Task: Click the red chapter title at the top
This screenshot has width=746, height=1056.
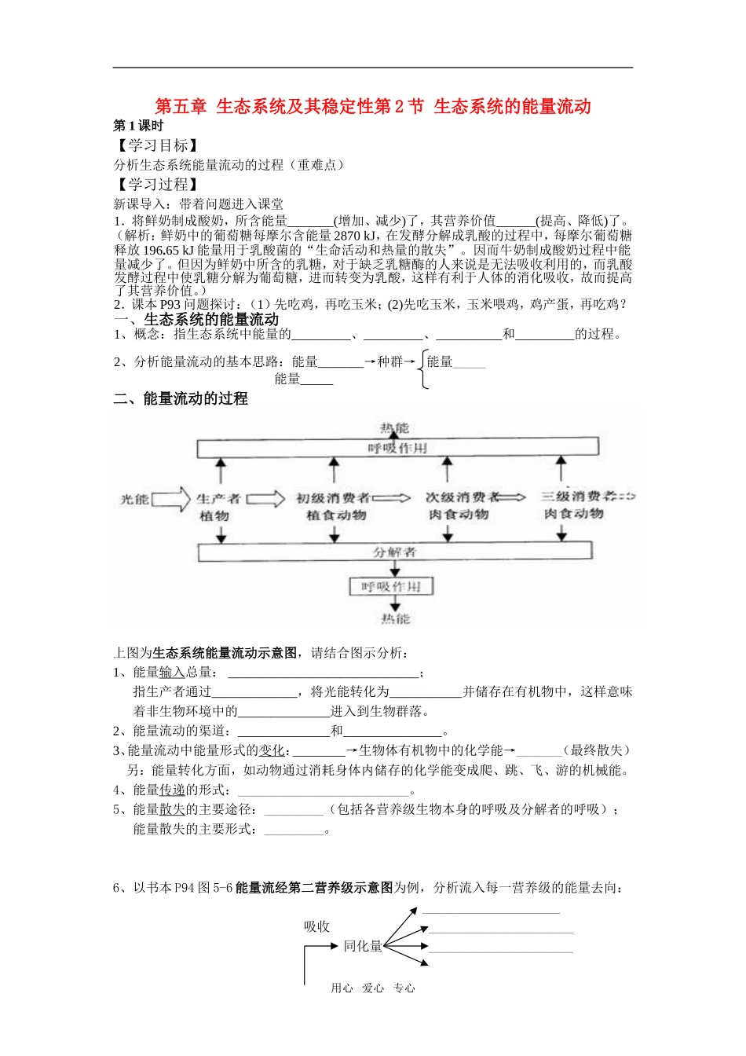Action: [372, 107]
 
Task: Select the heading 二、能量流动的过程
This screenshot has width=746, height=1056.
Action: [181, 398]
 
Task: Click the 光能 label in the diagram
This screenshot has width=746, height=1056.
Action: [133, 499]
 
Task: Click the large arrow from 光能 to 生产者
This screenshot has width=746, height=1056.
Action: [171, 499]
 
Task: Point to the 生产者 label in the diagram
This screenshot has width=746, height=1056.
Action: [218, 498]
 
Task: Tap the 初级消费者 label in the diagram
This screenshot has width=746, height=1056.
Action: [333, 498]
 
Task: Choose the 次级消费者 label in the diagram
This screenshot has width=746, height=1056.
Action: [462, 497]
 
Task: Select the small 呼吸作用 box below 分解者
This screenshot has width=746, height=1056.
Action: [391, 587]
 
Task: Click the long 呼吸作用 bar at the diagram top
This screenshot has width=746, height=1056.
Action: [397, 448]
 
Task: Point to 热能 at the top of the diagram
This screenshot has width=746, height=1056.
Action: [394, 428]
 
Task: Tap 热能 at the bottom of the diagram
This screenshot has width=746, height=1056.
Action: [395, 618]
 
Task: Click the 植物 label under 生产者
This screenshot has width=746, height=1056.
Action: [214, 516]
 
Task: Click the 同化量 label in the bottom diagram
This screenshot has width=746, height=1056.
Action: [363, 946]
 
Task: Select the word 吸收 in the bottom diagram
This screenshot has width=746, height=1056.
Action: [317, 926]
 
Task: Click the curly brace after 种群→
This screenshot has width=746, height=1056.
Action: [423, 369]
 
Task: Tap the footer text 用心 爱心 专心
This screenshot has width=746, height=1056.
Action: [373, 988]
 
